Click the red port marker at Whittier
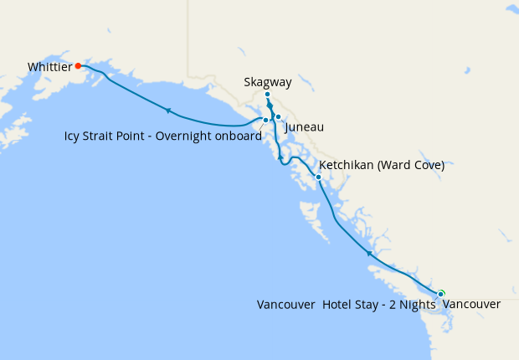pos(78,65)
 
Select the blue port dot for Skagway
pos(267,95)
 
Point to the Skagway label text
pos(268,82)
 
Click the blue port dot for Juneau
pos(278,117)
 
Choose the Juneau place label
pos(304,127)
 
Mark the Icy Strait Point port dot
pos(265,120)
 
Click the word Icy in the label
pos(73,136)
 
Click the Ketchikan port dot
pos(318,177)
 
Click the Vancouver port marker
pos(440,293)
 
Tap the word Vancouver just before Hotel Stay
pos(286,305)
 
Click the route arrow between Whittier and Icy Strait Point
pos(168,110)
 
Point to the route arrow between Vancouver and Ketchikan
pos(368,252)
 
